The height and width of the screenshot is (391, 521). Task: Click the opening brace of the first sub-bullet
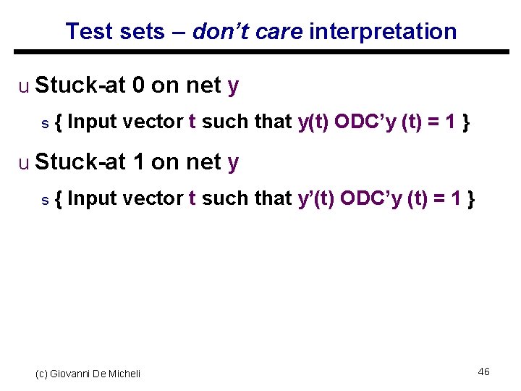(x=59, y=122)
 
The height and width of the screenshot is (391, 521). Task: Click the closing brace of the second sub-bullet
(x=471, y=198)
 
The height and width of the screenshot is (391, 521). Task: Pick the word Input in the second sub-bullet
(x=92, y=198)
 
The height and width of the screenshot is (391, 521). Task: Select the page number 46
(x=483, y=371)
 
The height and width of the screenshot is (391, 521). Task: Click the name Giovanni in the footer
(x=69, y=374)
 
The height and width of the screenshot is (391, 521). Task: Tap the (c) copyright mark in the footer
(x=41, y=374)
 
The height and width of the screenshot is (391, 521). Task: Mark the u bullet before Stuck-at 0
(x=24, y=87)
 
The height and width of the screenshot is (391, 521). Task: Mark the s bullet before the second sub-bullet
(x=45, y=200)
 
